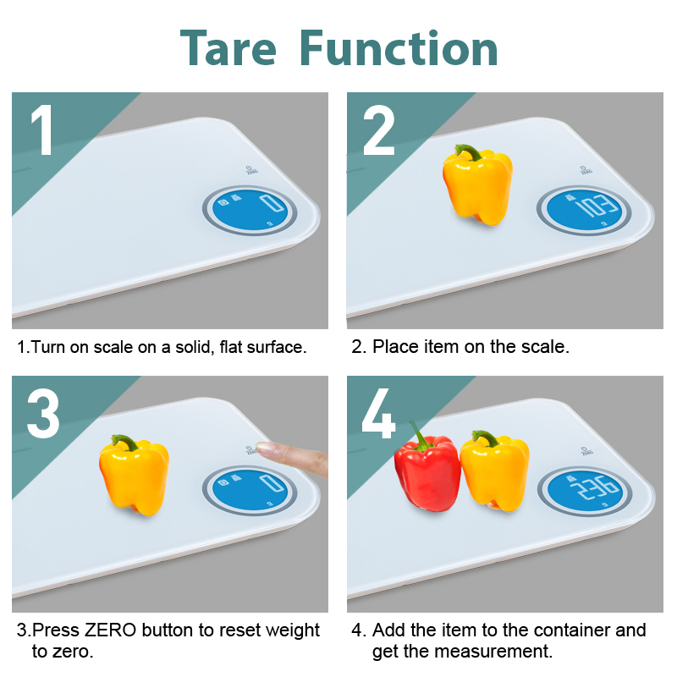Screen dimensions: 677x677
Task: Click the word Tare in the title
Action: click(x=228, y=48)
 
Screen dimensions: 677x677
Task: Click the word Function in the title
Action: click(x=399, y=48)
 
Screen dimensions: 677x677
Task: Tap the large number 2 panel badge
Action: click(x=379, y=129)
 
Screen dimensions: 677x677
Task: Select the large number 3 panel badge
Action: click(x=43, y=413)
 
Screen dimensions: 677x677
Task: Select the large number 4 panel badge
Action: click(x=378, y=413)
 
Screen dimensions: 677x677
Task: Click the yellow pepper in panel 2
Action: click(x=477, y=185)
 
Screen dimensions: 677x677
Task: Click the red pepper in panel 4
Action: click(x=427, y=469)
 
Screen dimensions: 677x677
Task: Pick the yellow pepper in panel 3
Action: click(x=134, y=475)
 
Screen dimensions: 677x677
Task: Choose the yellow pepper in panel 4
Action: click(x=495, y=471)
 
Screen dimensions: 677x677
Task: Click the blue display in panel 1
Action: click(x=250, y=210)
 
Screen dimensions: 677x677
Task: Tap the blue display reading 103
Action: click(x=584, y=210)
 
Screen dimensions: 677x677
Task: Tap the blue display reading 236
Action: click(x=585, y=491)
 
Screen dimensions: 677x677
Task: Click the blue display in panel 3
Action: click(x=250, y=491)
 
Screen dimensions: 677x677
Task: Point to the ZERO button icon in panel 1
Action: click(x=251, y=170)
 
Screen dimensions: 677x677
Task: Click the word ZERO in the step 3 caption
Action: click(x=110, y=630)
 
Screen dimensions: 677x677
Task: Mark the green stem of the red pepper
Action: click(x=416, y=435)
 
